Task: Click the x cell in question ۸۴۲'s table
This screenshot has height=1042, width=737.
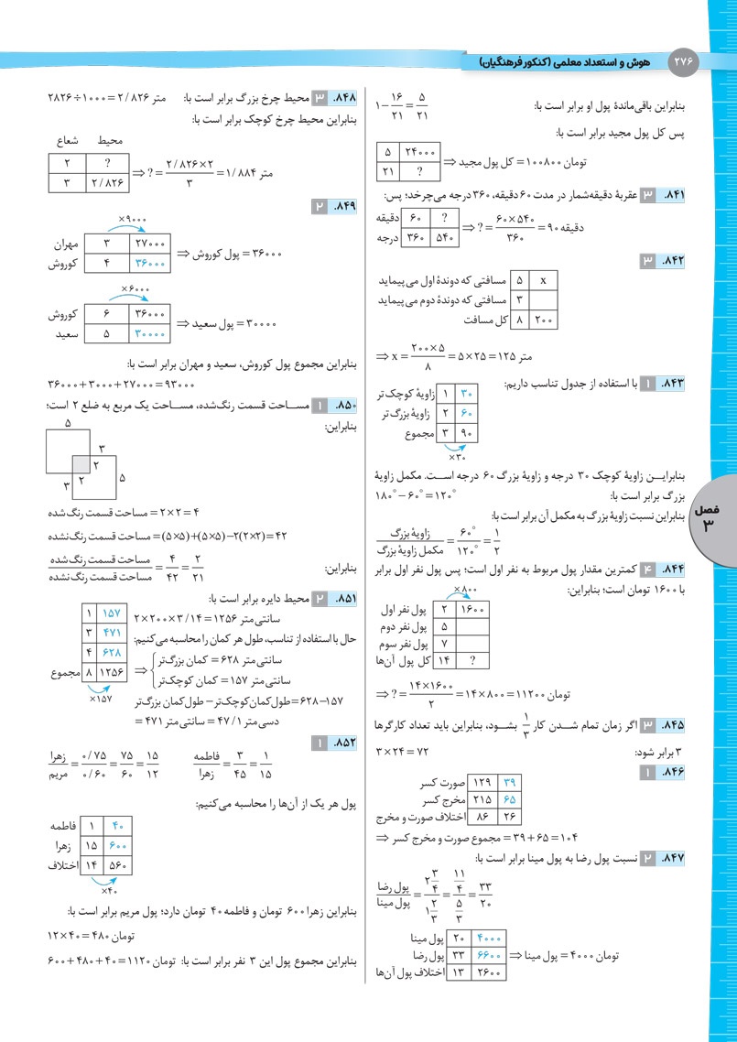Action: pyautogui.click(x=544, y=280)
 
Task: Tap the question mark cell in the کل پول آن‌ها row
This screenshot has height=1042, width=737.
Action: pyautogui.click(x=472, y=660)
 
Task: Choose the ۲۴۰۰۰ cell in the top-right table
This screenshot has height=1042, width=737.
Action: pyautogui.click(x=419, y=153)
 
